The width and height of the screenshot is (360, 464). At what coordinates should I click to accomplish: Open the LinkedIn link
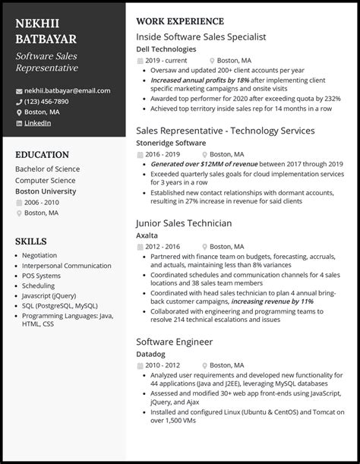[38, 122]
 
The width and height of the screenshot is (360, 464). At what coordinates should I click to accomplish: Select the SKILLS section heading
[30, 241]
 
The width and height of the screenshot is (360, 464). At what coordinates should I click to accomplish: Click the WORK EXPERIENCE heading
[179, 21]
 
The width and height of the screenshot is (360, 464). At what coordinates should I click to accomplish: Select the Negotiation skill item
[39, 256]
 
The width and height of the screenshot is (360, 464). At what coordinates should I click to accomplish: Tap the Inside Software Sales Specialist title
[201, 36]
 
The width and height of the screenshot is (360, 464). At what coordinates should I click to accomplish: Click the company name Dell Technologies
[166, 49]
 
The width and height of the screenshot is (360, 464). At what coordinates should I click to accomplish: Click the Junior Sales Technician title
[183, 223]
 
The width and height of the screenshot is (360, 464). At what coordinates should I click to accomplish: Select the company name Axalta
[147, 236]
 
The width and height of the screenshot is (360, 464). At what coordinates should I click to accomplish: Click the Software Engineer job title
[175, 341]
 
